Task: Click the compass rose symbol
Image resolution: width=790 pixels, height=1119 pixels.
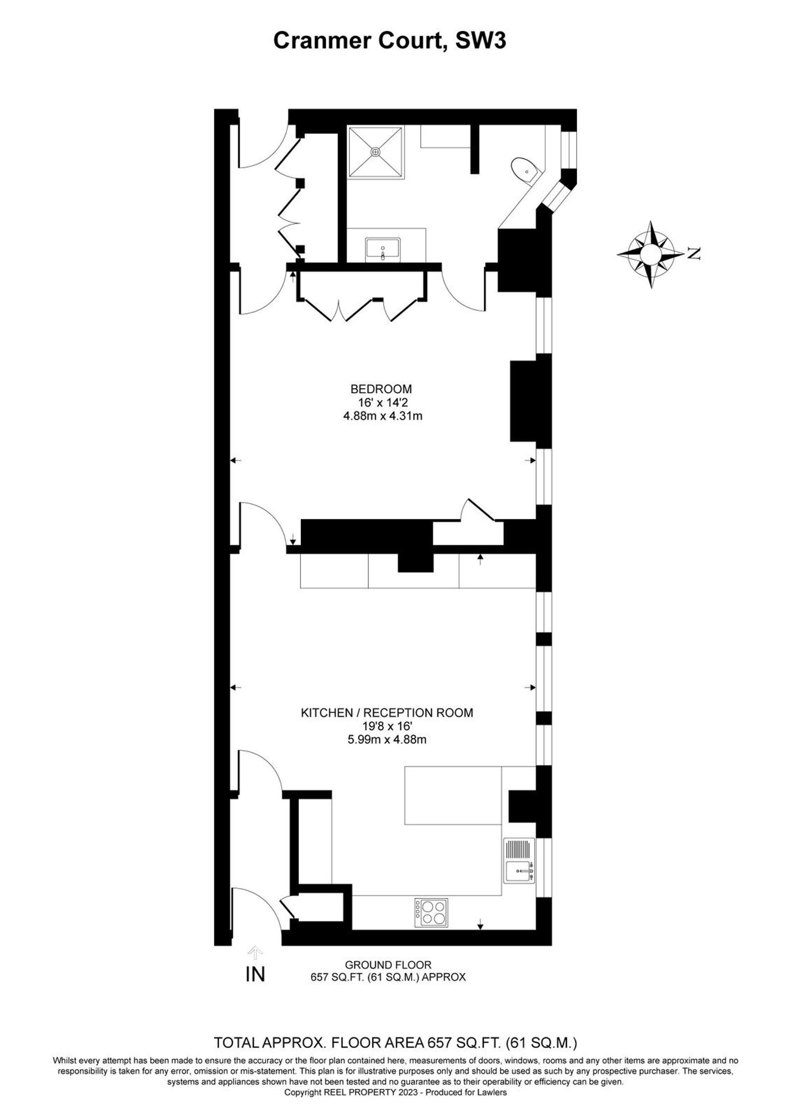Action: point(651,253)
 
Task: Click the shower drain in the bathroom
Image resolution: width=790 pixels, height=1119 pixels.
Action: point(375,152)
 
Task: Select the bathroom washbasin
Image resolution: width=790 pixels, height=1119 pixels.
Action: point(383,249)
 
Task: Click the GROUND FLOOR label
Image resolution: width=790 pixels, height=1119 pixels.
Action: point(388,965)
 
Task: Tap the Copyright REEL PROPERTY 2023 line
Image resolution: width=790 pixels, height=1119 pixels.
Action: point(395,1079)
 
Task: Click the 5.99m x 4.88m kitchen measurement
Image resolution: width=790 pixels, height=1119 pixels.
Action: point(387,740)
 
